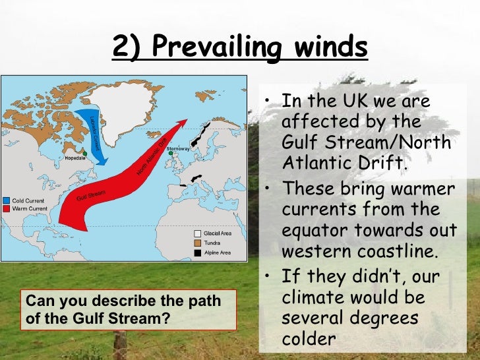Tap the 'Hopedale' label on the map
point(74,158)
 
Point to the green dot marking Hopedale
point(84,154)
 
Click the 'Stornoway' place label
point(178,148)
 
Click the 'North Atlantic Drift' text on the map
point(151,158)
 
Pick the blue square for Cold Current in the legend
point(6,199)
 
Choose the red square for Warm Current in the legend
point(6,208)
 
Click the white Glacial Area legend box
point(197,233)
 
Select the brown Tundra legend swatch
point(197,243)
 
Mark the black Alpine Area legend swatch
point(197,253)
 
